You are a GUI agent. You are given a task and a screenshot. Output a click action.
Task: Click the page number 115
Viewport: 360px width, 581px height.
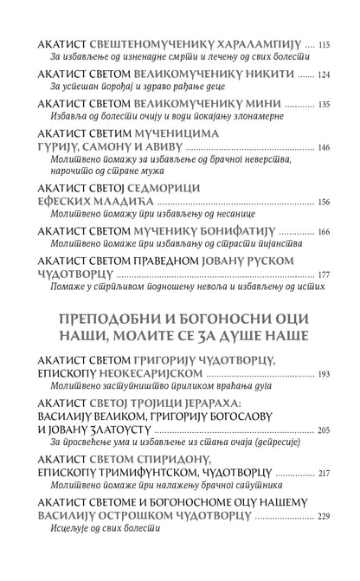(325, 43)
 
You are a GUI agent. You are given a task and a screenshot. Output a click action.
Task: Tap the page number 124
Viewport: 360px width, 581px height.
(325, 74)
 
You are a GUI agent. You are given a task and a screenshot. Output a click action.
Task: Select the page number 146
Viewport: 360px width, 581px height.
(325, 148)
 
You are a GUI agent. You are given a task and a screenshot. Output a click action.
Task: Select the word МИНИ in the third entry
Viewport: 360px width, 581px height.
(246, 104)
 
